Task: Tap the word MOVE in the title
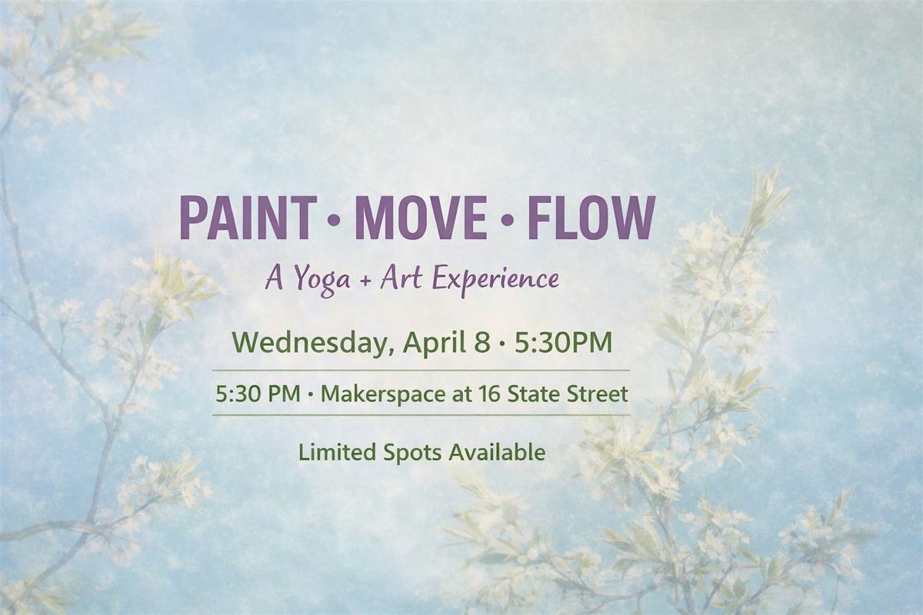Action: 421,219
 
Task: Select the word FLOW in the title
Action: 592,219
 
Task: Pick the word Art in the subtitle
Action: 401,278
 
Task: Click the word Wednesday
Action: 310,343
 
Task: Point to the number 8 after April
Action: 482,343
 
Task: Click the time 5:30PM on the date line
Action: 563,343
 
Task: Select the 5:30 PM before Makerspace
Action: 258,394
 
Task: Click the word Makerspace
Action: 384,394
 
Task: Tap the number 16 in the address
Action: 489,394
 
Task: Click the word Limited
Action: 337,452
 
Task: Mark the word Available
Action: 498,452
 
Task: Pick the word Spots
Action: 412,453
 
